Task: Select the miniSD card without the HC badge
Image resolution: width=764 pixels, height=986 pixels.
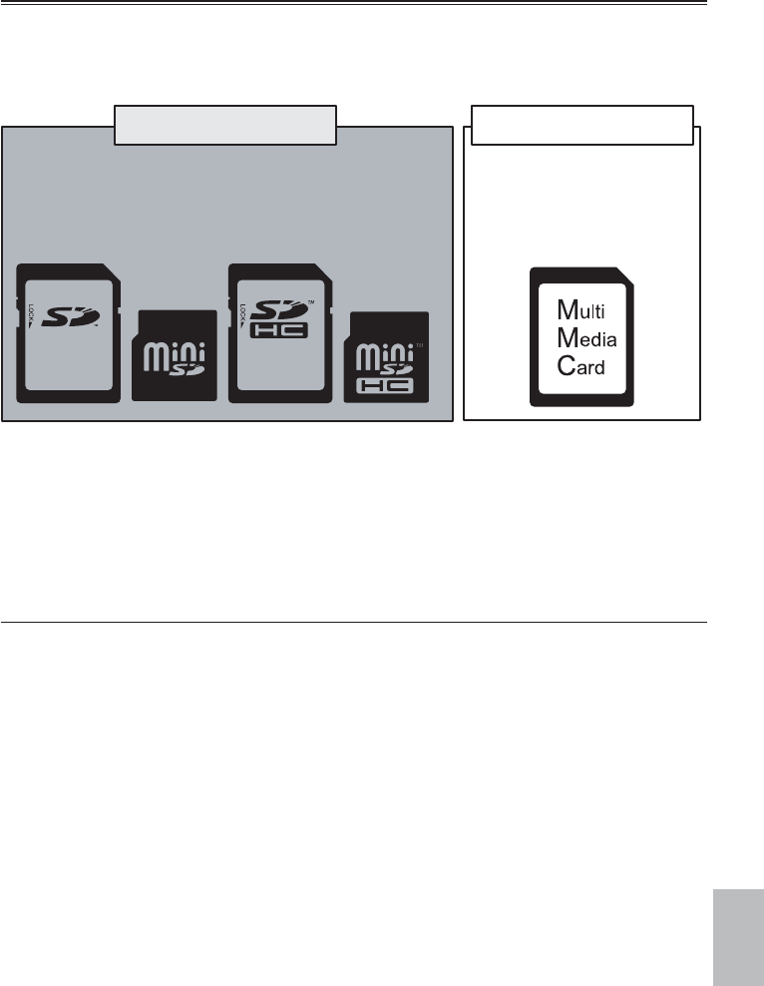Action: [x=176, y=356]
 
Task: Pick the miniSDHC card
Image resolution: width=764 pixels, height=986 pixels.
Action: [x=387, y=356]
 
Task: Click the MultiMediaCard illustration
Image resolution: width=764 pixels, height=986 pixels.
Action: [x=583, y=336]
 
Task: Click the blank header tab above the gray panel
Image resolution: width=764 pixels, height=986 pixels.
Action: [x=225, y=125]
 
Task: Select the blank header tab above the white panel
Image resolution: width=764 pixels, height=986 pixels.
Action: [x=582, y=125]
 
